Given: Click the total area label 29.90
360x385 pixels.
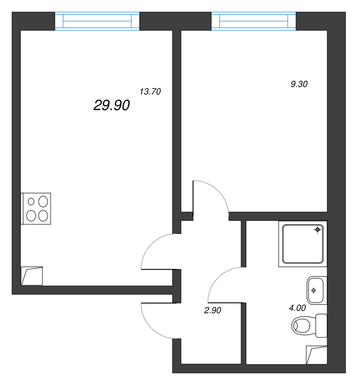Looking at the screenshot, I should pyautogui.click(x=111, y=106).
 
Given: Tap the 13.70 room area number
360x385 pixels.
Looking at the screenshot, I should pyautogui.click(x=150, y=91).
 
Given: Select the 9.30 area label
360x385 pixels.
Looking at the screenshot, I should pyautogui.click(x=298, y=84).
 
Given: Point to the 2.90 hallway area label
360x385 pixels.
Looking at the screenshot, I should pyautogui.click(x=212, y=311).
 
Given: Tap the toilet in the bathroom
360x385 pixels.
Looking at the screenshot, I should pyautogui.click(x=306, y=326).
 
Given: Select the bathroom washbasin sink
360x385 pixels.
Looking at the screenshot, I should pyautogui.click(x=315, y=290).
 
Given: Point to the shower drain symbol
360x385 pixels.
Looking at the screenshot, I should pyautogui.click(x=317, y=230).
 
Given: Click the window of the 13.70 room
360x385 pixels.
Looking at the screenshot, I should pyautogui.click(x=97, y=21).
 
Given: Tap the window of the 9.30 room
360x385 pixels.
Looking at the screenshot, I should pyautogui.click(x=254, y=21).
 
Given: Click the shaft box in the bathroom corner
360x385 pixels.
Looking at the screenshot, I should pyautogui.click(x=317, y=355).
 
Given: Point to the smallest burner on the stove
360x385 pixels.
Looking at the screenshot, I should pyautogui.click(x=32, y=201).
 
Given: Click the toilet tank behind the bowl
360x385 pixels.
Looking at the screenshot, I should pyautogui.click(x=321, y=326).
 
